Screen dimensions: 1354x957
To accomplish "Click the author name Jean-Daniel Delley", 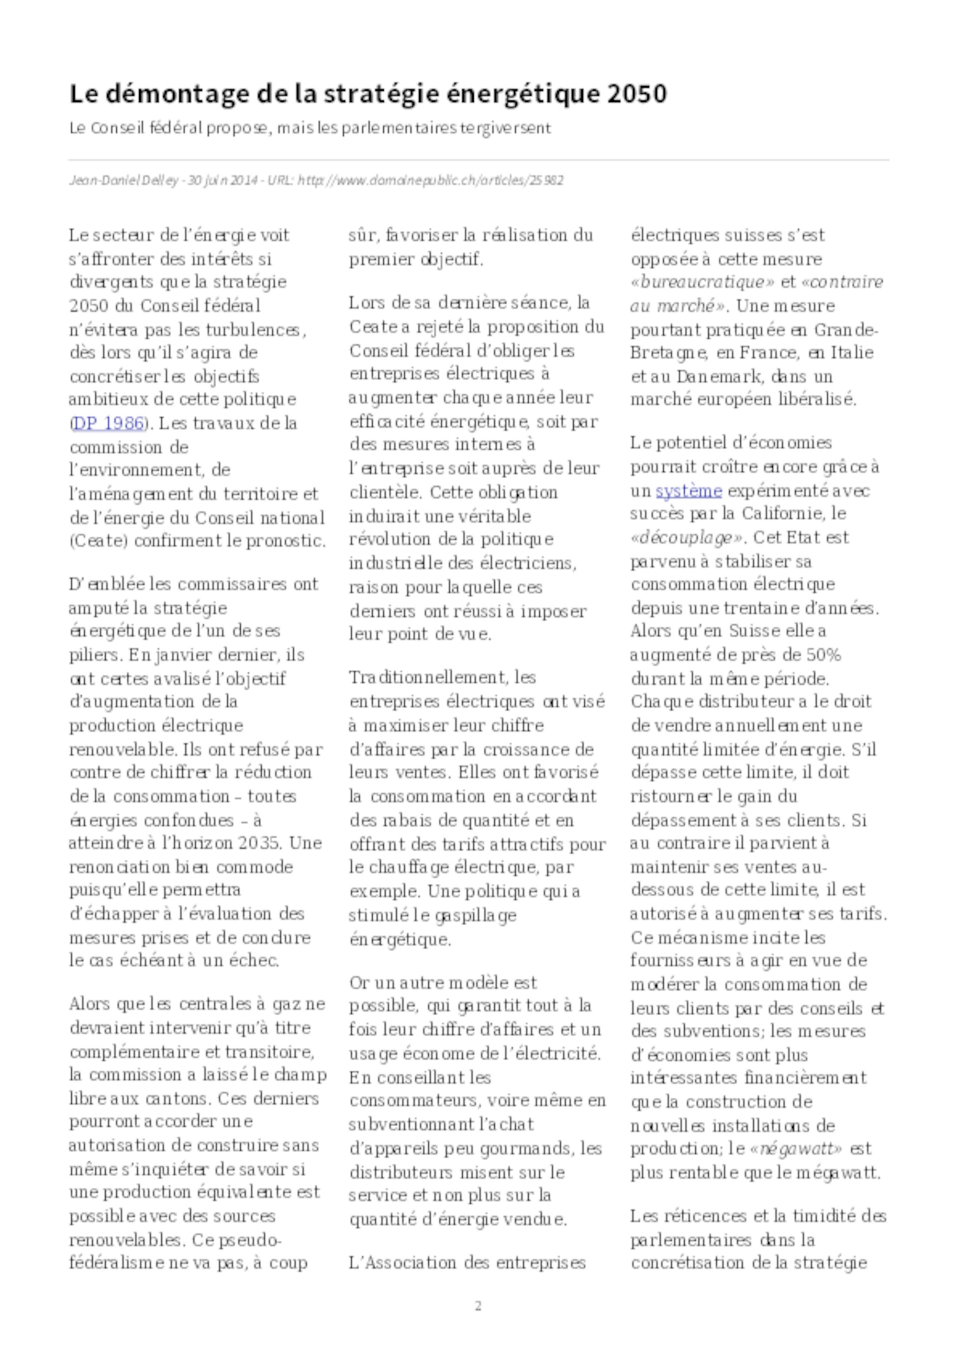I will pyautogui.click(x=124, y=180).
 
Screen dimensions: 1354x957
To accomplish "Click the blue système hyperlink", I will pyautogui.click(x=688, y=491).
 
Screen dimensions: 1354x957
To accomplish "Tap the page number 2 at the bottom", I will pyautogui.click(x=478, y=1306).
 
